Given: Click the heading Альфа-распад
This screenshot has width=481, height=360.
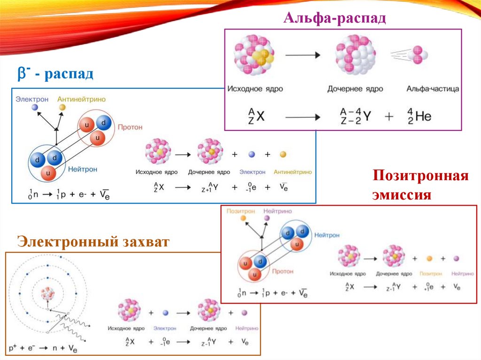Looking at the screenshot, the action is (334, 19).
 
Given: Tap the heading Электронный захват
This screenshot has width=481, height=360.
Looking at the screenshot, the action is (93, 242).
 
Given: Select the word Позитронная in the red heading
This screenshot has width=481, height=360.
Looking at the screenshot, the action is (420, 176).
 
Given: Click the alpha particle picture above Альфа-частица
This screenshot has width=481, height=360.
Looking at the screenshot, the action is (418, 56).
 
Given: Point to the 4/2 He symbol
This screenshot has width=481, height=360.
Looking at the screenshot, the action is (419, 116).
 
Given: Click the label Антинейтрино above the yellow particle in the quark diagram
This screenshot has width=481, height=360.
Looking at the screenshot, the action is (81, 99).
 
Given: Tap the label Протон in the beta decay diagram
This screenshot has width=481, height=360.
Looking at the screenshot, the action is (130, 127).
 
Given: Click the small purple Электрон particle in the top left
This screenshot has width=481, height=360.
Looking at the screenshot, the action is (35, 108).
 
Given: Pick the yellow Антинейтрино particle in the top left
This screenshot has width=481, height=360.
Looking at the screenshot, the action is (62, 108).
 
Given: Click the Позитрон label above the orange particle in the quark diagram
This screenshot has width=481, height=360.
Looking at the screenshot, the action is (240, 211).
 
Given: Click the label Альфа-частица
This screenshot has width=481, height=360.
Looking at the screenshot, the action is (433, 89).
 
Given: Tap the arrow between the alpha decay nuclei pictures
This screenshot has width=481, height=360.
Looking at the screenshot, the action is (303, 55).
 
